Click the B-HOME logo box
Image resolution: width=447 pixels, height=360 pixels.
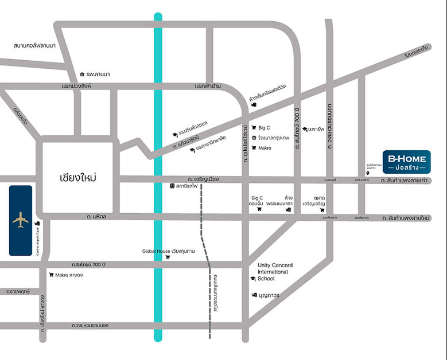pos(406,162)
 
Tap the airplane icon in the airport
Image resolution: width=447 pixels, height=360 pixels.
pos(21,220)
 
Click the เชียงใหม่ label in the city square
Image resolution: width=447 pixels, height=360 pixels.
pos(77,177)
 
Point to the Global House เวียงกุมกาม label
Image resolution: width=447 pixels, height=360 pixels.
pos(169,251)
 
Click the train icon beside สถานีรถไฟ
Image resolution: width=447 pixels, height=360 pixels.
pos(172,186)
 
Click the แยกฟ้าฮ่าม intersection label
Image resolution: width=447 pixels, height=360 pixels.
pos(208,86)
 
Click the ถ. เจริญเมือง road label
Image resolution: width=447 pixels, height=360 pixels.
pos(203,179)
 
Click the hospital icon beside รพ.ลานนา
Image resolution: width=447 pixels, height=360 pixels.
pos(83,74)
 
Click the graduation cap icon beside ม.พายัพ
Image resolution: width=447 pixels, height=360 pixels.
pos(304,129)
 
